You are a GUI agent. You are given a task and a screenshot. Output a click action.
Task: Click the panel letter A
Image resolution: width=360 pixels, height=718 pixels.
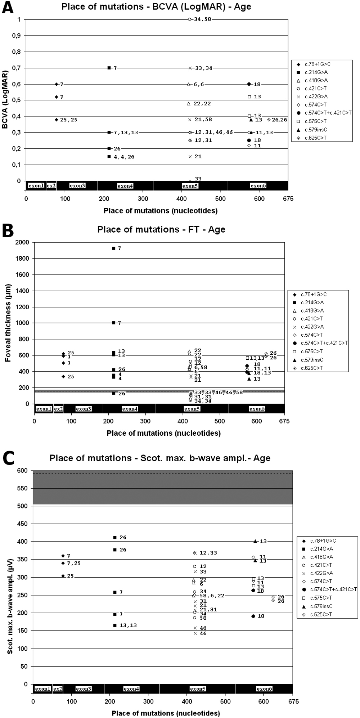point(8,8)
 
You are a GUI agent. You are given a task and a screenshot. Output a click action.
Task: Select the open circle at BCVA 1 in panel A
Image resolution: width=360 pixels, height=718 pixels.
point(190,19)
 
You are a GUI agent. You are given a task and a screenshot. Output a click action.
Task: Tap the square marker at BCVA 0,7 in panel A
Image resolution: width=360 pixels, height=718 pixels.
point(109,68)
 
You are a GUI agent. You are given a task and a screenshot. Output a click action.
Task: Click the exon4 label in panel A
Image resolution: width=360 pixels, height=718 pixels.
point(125,186)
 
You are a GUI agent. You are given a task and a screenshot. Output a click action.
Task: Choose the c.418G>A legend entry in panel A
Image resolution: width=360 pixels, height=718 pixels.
point(316,80)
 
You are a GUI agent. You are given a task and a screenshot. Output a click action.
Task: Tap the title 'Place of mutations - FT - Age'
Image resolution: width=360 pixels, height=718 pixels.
point(161,229)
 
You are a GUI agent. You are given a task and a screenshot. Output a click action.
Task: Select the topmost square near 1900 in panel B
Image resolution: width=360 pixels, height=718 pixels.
point(114,248)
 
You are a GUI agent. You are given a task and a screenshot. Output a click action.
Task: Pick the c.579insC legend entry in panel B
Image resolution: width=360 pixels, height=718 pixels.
point(312,360)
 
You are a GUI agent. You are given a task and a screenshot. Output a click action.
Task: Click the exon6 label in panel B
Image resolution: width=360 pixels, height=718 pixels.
point(257,409)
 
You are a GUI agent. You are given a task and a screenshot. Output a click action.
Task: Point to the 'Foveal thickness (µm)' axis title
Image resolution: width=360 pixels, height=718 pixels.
point(8,323)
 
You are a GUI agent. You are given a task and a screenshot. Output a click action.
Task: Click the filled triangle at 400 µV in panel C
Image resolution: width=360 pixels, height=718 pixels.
point(255,541)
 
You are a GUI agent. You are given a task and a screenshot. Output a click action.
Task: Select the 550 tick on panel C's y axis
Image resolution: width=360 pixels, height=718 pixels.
point(23,488)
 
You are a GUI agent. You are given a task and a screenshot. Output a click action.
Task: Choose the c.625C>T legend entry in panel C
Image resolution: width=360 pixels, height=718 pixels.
point(321,614)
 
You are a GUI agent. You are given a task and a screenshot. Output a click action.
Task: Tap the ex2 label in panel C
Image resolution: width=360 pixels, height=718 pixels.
point(58,689)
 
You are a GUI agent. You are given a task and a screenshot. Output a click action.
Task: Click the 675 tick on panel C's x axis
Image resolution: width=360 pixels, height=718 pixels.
point(293,701)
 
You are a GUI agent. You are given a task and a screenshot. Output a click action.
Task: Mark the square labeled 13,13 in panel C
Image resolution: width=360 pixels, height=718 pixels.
point(115,625)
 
